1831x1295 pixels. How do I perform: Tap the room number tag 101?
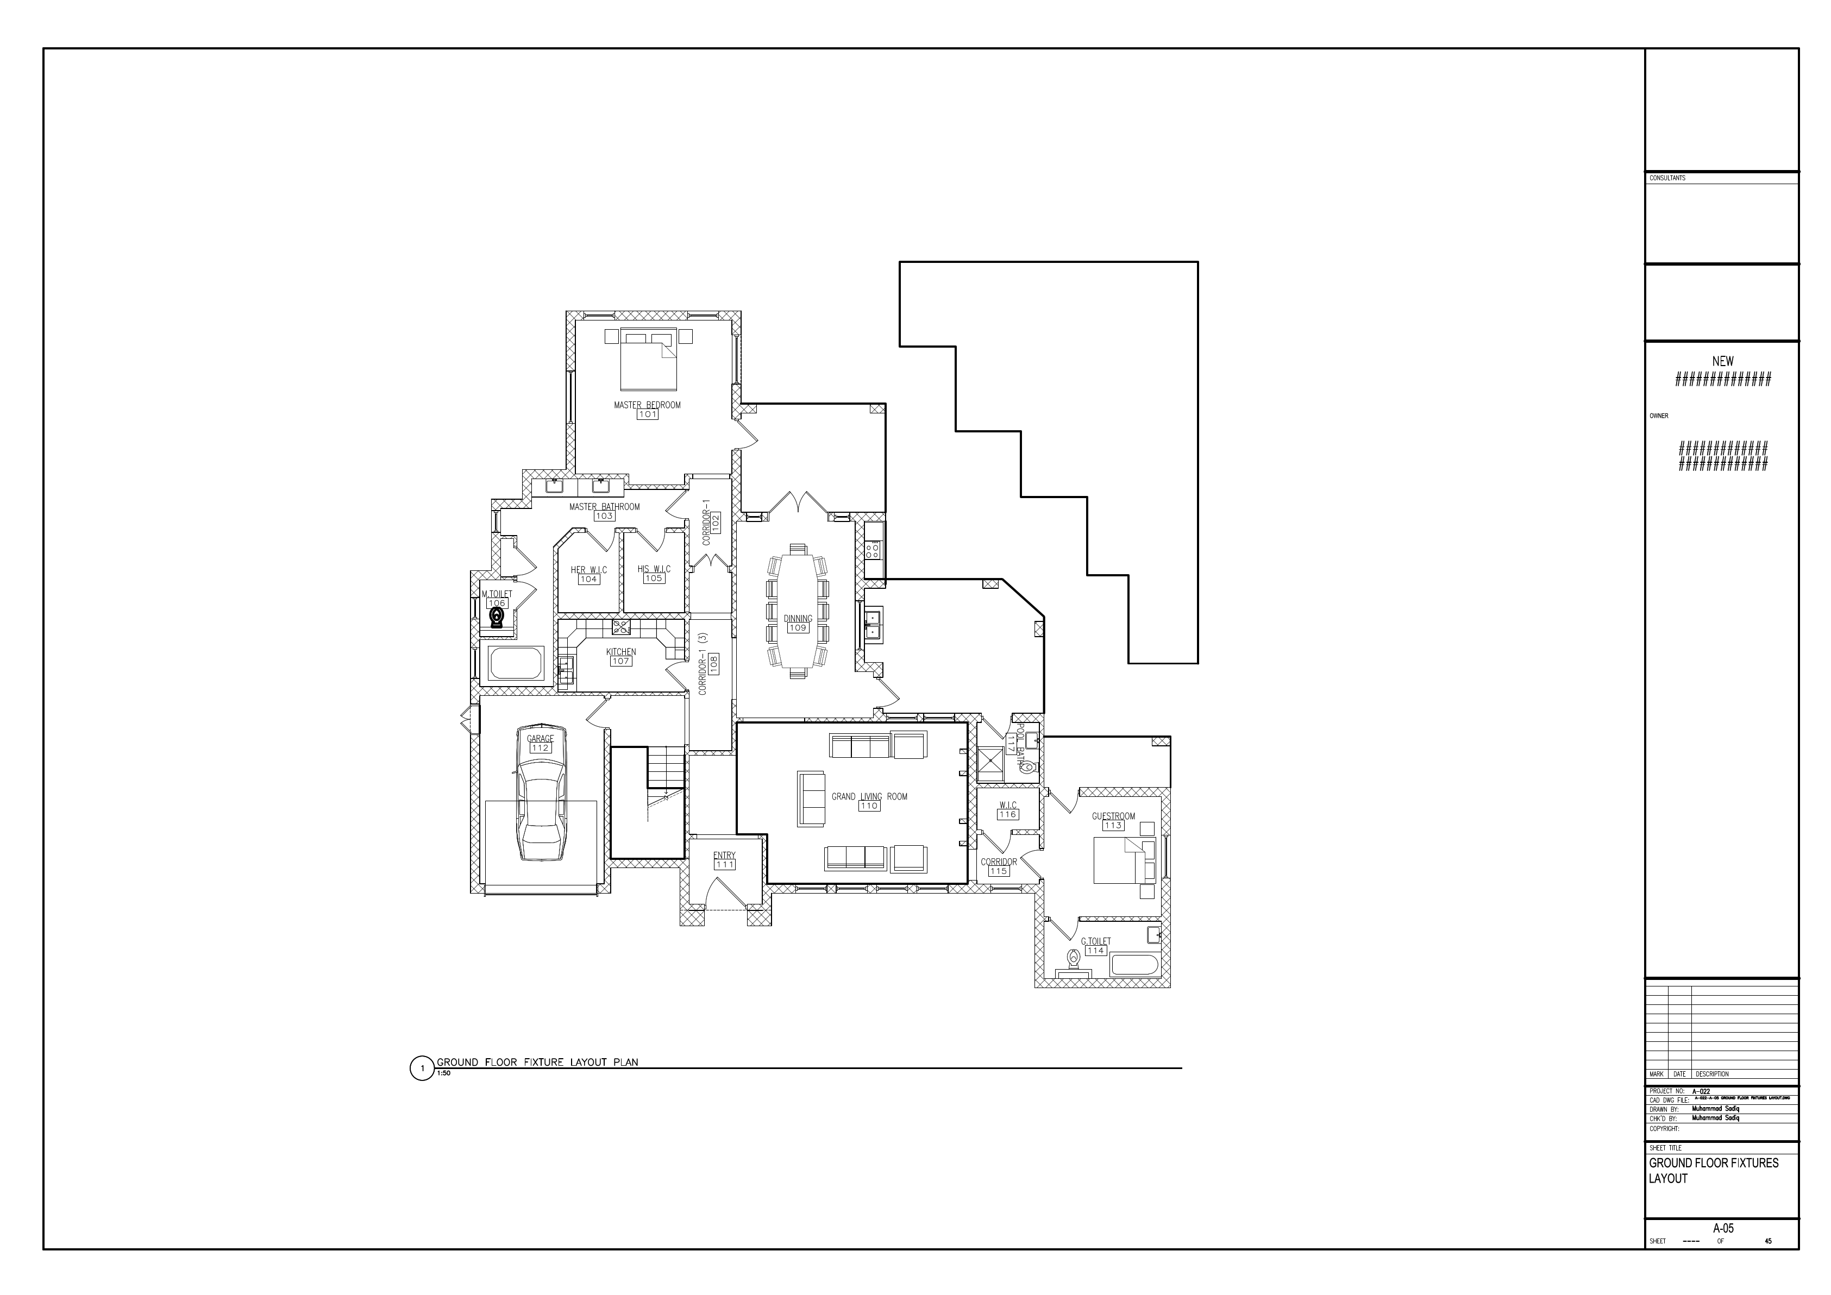coord(647,414)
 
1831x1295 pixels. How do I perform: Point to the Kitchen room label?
coord(620,651)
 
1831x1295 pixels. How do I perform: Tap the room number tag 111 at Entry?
coord(725,864)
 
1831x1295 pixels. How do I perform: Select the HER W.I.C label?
coord(588,569)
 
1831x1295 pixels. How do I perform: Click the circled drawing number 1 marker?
coord(422,1068)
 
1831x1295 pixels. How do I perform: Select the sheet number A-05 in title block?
coord(1722,1229)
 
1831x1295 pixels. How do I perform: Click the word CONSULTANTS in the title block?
coord(1667,178)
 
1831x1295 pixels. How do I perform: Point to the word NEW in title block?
coord(1722,361)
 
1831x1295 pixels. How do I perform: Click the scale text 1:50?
coord(443,1073)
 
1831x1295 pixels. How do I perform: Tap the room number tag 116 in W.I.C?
coord(1007,815)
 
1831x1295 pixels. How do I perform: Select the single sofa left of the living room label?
coord(811,798)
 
